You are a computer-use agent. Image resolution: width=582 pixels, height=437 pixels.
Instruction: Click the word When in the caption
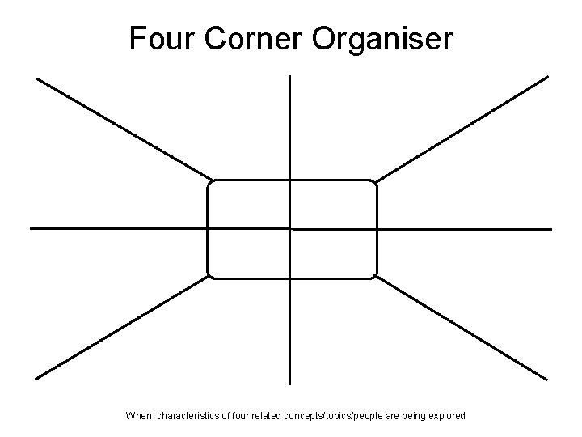pyautogui.click(x=138, y=416)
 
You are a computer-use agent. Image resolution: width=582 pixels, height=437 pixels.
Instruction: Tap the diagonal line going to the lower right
pyautogui.click(x=462, y=328)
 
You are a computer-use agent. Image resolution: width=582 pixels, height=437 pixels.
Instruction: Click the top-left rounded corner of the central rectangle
pyautogui.click(x=210, y=183)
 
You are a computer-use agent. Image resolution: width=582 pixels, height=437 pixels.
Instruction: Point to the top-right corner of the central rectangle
pyautogui.click(x=374, y=183)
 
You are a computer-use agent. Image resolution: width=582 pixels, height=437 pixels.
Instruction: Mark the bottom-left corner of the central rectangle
pyautogui.click(x=210, y=275)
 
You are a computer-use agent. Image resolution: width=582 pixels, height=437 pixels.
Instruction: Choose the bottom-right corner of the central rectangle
pyautogui.click(x=374, y=275)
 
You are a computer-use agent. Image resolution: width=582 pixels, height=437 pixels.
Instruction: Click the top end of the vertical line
pyautogui.click(x=289, y=77)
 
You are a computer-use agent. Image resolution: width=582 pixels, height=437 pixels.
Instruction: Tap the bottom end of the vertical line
pyautogui.click(x=289, y=383)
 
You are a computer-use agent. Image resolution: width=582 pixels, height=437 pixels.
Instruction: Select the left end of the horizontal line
pyautogui.click(x=32, y=228)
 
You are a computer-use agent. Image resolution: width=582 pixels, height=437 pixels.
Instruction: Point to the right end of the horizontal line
pyautogui.click(x=550, y=229)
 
